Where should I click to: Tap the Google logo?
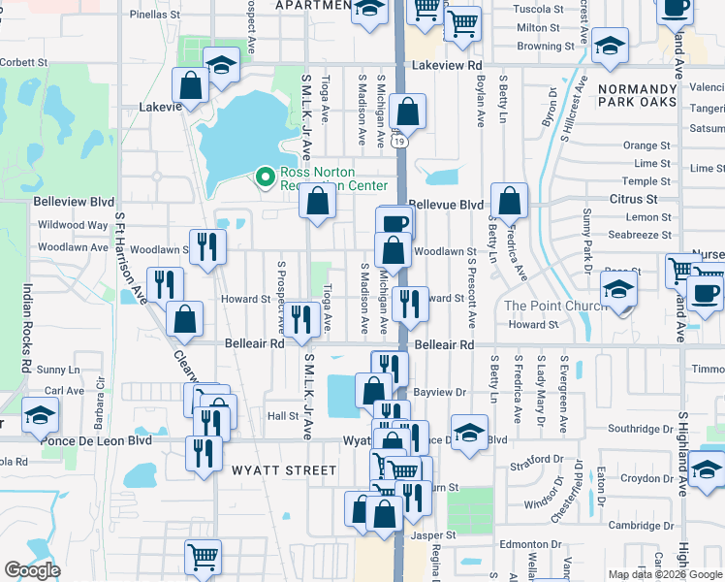click(32, 570)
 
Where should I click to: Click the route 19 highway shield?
click(399, 142)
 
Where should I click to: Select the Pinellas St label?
click(155, 16)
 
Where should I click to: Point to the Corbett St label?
click(24, 61)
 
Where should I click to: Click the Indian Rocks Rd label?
click(27, 330)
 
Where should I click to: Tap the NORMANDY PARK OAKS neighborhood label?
click(650, 94)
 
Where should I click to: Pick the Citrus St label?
click(634, 199)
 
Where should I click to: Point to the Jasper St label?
click(432, 534)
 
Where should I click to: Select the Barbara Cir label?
click(99, 410)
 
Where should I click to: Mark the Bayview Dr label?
click(440, 393)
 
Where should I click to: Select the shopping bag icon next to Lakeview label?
click(191, 85)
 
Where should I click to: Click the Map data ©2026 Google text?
click(665, 574)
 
